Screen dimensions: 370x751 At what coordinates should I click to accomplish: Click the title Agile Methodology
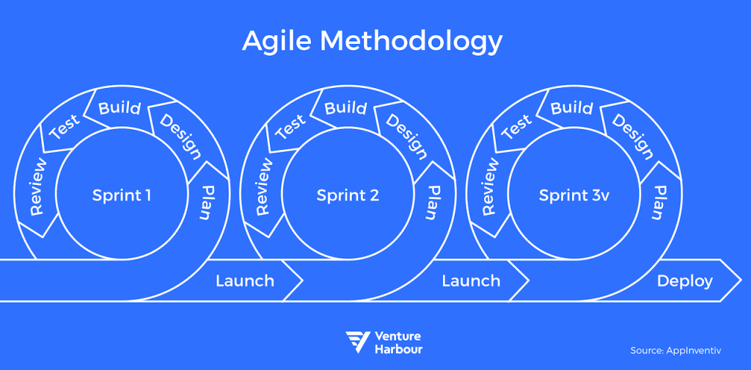pyautogui.click(x=373, y=41)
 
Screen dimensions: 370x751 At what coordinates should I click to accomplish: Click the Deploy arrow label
pyautogui.click(x=684, y=280)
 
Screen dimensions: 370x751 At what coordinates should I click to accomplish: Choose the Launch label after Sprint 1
pyautogui.click(x=245, y=280)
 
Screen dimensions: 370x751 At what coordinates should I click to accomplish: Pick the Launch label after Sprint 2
pyautogui.click(x=471, y=280)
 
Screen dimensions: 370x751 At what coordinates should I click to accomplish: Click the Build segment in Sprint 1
pyautogui.click(x=119, y=108)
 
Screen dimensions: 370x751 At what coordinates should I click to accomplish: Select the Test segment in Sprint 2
pyautogui.click(x=291, y=127)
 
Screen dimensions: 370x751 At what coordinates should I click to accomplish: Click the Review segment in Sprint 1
pyautogui.click(x=37, y=186)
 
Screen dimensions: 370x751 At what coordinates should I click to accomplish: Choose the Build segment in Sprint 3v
pyautogui.click(x=571, y=108)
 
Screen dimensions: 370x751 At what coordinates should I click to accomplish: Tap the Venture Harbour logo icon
pyautogui.click(x=358, y=341)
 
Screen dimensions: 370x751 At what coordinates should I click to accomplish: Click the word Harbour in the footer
pyautogui.click(x=398, y=349)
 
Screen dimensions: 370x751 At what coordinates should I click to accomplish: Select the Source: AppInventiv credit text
pyautogui.click(x=682, y=350)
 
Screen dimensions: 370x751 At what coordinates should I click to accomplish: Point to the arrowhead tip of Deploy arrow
pyautogui.click(x=740, y=280)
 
